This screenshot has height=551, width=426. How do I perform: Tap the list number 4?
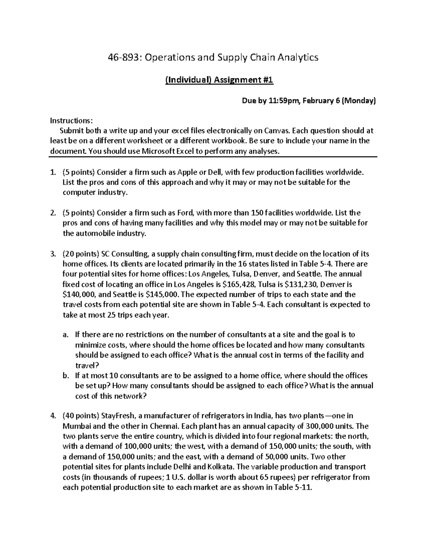(x=53, y=416)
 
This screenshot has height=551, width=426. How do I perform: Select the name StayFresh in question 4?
(x=117, y=416)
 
